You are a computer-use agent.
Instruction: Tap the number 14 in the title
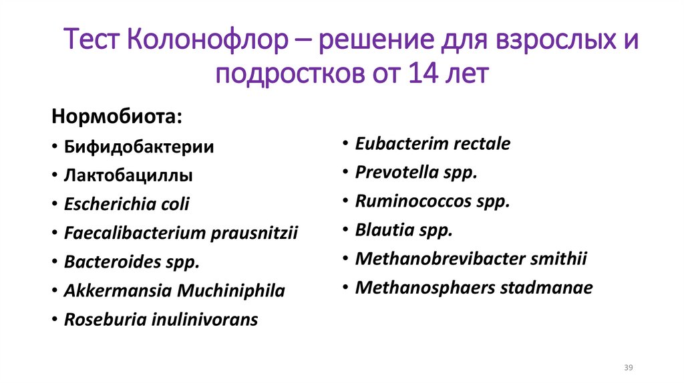pyautogui.click(x=421, y=73)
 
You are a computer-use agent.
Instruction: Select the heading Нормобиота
pyautogui.click(x=116, y=116)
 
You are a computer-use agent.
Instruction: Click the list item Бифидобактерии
pyautogui.click(x=139, y=147)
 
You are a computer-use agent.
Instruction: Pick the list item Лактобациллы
pyautogui.click(x=128, y=176)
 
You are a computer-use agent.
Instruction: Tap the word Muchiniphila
pyautogui.click(x=232, y=291)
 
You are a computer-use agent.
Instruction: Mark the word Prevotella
pyautogui.click(x=394, y=172)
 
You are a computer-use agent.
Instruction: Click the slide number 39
pyautogui.click(x=628, y=368)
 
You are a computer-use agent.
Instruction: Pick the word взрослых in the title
pyautogui.click(x=552, y=41)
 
